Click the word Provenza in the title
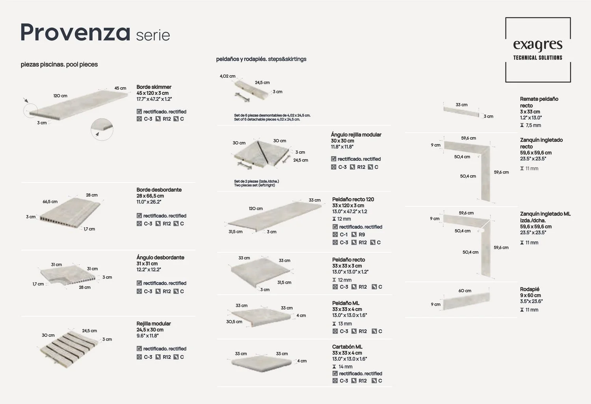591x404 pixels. pyautogui.click(x=76, y=32)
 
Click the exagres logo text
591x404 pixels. pyautogui.click(x=538, y=44)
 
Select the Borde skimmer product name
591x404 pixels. pyautogui.click(x=154, y=87)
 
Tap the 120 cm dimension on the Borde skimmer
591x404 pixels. pyautogui.click(x=60, y=96)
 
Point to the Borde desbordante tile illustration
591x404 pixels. pyautogui.click(x=70, y=213)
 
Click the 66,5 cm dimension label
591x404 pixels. pyautogui.click(x=50, y=202)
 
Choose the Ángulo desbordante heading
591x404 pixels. pyautogui.click(x=160, y=258)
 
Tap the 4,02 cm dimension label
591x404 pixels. pyautogui.click(x=227, y=76)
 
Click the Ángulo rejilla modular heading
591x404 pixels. pyautogui.click(x=356, y=135)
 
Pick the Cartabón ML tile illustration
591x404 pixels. pyautogui.click(x=262, y=364)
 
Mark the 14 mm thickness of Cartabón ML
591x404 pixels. pyautogui.click(x=342, y=367)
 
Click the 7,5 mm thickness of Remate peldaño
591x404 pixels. pyautogui.click(x=531, y=125)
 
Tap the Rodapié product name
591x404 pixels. pyautogui.click(x=530, y=289)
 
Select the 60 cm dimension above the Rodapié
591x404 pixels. pyautogui.click(x=465, y=291)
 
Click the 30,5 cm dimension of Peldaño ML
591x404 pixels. pyautogui.click(x=234, y=322)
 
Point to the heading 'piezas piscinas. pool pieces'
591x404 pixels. pyautogui.click(x=59, y=64)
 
